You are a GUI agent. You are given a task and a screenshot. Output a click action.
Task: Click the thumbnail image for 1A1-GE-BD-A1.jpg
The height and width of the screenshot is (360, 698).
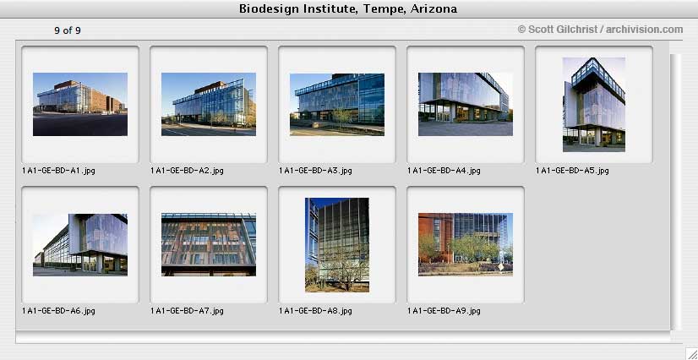pyautogui.click(x=80, y=104)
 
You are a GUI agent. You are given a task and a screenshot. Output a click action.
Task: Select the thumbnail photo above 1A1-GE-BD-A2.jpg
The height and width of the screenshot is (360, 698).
pyautogui.click(x=209, y=104)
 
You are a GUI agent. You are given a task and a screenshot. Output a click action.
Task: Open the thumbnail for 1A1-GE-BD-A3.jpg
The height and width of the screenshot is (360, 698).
pyautogui.click(x=337, y=104)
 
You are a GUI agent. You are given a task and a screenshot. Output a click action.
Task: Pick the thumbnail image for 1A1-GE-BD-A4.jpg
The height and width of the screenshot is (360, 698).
pyautogui.click(x=465, y=104)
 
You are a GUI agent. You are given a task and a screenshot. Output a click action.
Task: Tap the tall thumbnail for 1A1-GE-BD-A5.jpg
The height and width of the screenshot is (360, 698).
pyautogui.click(x=594, y=105)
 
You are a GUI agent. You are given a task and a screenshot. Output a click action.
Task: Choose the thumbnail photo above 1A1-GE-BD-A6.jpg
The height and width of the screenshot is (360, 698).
pyautogui.click(x=80, y=245)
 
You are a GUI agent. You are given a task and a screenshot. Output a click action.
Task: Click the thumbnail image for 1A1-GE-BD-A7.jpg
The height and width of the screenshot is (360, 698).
pyautogui.click(x=209, y=245)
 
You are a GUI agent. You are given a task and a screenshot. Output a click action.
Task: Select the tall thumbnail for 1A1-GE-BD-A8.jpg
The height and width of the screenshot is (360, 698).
pyautogui.click(x=337, y=245)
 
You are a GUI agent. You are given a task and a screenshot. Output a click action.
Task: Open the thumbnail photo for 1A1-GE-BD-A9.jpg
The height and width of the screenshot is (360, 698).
pyautogui.click(x=465, y=245)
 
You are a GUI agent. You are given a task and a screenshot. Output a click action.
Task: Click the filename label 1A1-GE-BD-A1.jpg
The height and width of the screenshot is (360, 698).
pyautogui.click(x=58, y=171)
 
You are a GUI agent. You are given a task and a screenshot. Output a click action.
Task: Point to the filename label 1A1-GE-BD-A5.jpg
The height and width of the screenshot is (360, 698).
pyautogui.click(x=572, y=171)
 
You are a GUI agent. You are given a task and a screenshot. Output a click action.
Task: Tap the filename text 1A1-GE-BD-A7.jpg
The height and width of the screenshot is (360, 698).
pyautogui.click(x=187, y=311)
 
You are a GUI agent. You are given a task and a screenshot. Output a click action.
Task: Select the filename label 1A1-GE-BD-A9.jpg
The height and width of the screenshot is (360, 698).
pyautogui.click(x=444, y=311)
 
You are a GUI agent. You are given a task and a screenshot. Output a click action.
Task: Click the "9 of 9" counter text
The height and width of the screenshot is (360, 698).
pyautogui.click(x=68, y=30)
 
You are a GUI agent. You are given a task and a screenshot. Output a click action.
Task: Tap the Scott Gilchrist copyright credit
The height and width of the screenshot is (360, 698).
pyautogui.click(x=600, y=30)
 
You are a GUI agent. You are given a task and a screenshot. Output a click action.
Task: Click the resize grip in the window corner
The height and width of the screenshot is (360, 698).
pyautogui.click(x=690, y=352)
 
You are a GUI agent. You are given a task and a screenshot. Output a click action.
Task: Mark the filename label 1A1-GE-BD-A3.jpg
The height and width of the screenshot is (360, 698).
pyautogui.click(x=315, y=171)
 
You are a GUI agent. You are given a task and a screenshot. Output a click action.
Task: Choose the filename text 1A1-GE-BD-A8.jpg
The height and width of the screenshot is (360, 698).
pyautogui.click(x=315, y=311)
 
